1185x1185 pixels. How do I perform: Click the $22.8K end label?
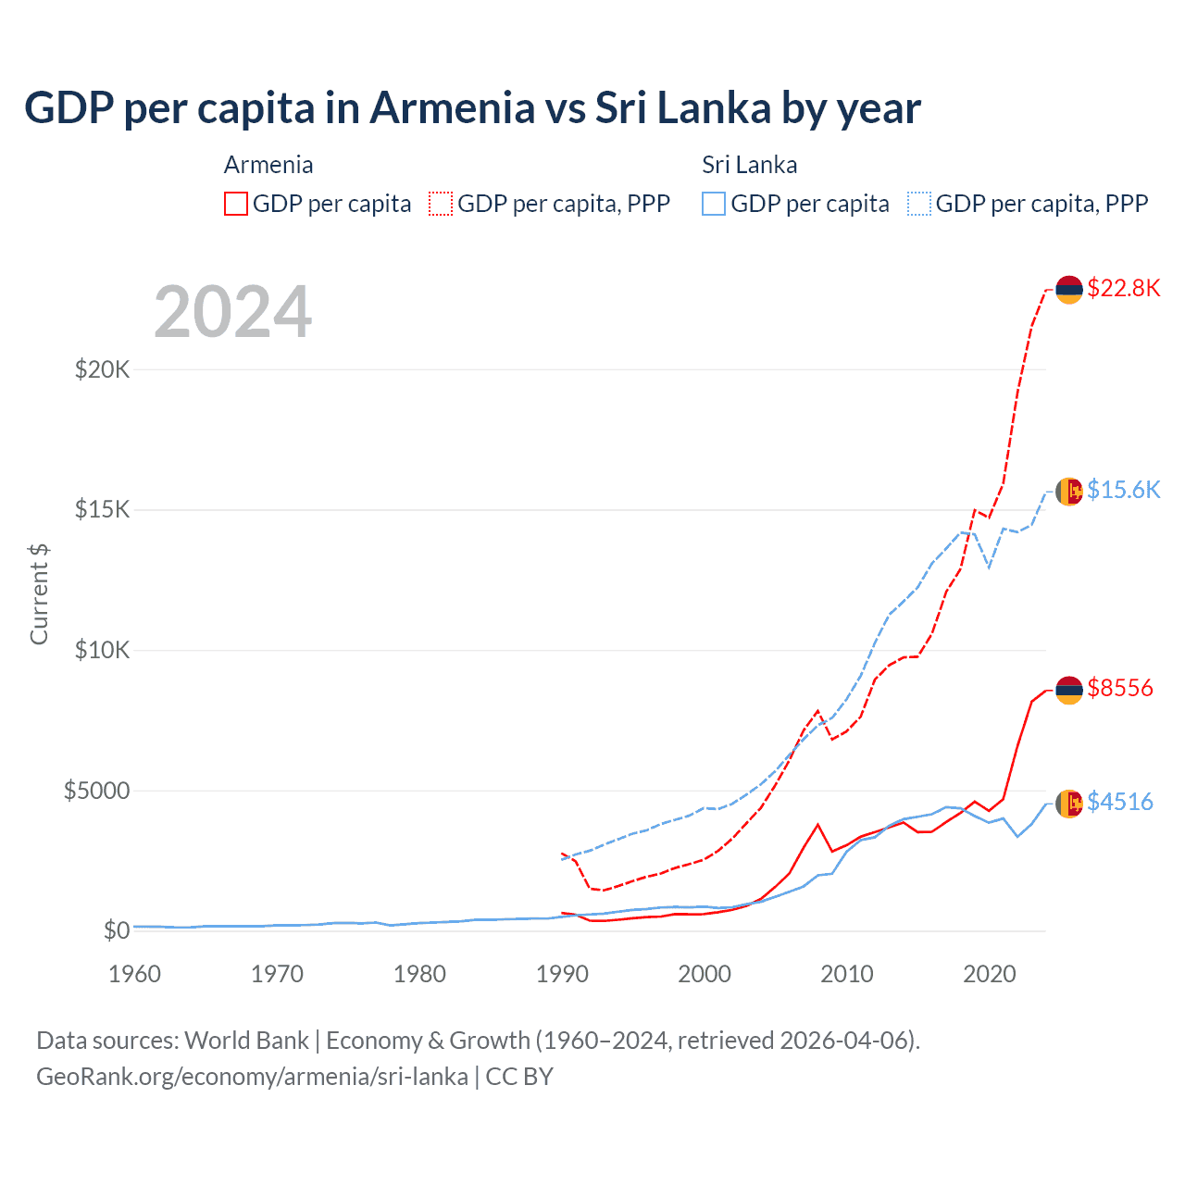(1123, 288)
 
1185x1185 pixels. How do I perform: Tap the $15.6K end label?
(1123, 490)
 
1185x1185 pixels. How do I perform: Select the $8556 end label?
(1120, 688)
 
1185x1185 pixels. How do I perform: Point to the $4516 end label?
(1120, 802)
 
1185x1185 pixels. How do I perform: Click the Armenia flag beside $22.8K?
(1069, 290)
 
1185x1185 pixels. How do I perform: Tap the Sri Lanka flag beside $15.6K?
(1069, 492)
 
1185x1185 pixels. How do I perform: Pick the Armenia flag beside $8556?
(1069, 690)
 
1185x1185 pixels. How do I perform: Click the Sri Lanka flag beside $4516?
(1069, 804)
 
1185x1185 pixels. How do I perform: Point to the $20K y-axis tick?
(103, 370)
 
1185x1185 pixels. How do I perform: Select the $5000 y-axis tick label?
(96, 791)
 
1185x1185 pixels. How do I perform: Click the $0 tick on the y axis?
(116, 930)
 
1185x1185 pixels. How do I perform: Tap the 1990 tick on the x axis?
(562, 974)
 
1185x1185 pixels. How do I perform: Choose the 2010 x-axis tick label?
(847, 974)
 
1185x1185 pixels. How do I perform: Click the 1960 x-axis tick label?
(135, 974)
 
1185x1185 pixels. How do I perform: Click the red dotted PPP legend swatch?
(442, 204)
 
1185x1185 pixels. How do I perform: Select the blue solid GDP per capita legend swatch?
(714, 204)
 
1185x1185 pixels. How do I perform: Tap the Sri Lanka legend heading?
(749, 165)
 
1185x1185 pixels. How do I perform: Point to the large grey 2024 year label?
(233, 312)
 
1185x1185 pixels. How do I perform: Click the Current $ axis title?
(39, 594)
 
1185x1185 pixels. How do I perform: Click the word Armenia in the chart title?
(453, 107)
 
